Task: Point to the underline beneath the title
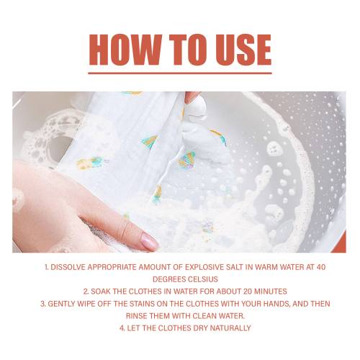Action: coord(180,73)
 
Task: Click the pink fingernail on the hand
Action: coord(149,241)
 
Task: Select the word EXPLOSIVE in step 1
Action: coord(205,267)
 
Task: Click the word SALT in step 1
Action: coord(236,267)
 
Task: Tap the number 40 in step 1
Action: coord(321,267)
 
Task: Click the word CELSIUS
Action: coord(203,279)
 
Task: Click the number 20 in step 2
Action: coord(248,292)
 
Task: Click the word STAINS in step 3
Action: coord(143,304)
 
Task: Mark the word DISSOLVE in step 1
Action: coord(68,267)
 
